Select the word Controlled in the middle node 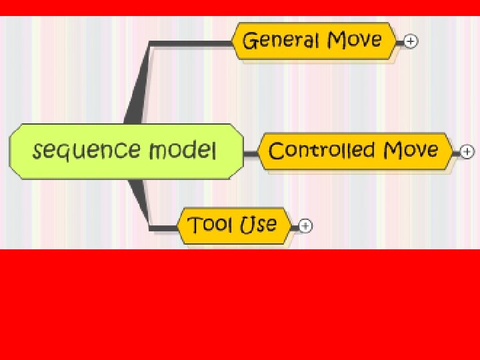(321, 150)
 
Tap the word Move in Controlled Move (410, 149)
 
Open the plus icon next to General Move (411, 41)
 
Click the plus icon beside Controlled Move (467, 152)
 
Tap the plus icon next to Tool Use (305, 226)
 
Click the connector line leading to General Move (187, 44)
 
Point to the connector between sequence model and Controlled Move (250, 153)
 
